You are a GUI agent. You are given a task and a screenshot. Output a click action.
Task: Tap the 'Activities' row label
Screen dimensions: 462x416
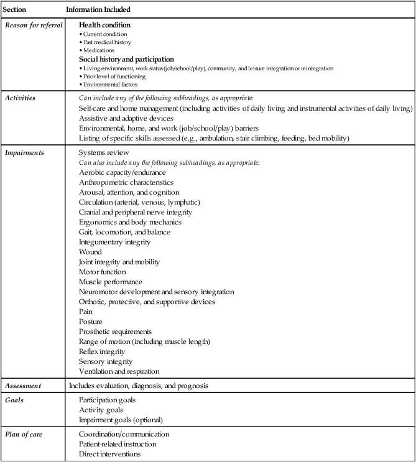tap(19, 98)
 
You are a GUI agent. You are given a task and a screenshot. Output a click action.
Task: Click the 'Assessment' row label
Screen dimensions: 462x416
tap(22, 386)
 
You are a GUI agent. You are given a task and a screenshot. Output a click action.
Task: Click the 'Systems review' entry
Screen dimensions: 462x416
tap(104, 152)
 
